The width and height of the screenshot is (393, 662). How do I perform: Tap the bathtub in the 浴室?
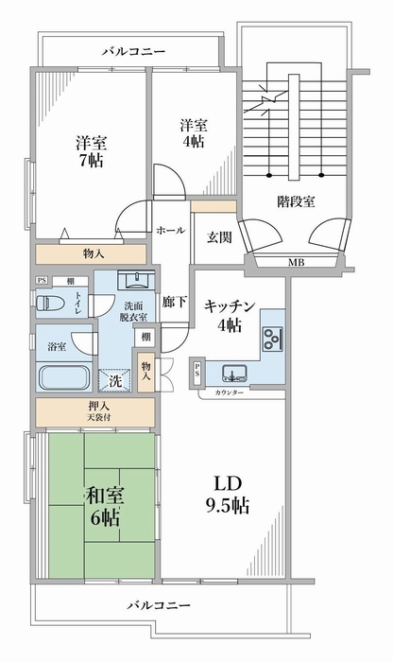click(64, 377)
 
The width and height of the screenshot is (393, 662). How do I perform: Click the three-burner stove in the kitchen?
click(273, 339)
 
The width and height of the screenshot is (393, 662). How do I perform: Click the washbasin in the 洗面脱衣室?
click(137, 280)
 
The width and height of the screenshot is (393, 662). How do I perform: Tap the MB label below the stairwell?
click(297, 262)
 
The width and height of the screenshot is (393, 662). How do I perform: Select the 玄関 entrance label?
click(219, 237)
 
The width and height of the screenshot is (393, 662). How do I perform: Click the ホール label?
click(170, 231)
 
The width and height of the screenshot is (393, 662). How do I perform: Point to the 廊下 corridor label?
click(174, 302)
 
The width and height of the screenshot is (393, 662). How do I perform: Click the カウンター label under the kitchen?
click(229, 393)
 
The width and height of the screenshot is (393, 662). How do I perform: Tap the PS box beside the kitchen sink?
click(196, 371)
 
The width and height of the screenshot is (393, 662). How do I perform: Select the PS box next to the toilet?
click(41, 280)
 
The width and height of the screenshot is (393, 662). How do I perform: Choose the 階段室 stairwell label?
click(296, 201)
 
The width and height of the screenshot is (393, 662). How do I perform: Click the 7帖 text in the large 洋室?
click(92, 161)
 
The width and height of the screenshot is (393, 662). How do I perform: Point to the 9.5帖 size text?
click(228, 505)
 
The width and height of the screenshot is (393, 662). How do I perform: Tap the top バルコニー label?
click(134, 52)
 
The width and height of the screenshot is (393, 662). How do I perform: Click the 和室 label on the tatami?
click(105, 496)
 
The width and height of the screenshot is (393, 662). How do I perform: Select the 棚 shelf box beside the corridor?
click(145, 338)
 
